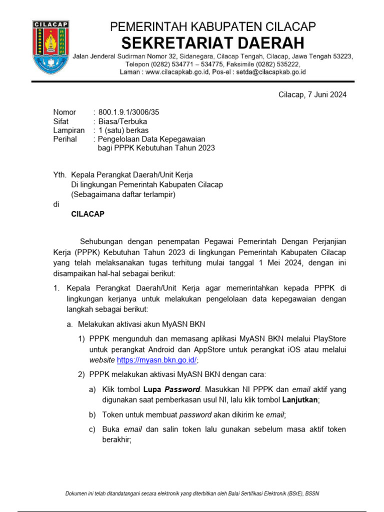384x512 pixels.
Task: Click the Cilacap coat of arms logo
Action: [50, 47]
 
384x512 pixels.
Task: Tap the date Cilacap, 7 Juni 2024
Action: [312, 95]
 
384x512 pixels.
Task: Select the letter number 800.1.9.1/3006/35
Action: [129, 112]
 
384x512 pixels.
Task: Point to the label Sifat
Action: [61, 121]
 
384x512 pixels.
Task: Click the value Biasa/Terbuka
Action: [122, 121]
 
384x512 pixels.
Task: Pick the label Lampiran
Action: [68, 130]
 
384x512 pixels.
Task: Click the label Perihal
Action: [65, 139]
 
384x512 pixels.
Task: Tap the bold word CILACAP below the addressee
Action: [88, 213]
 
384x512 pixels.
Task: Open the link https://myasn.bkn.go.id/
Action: [156, 360]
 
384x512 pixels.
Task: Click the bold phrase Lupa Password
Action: [172, 389]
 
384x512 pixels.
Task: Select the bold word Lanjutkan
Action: [300, 400]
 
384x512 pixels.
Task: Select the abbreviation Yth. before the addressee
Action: [60, 175]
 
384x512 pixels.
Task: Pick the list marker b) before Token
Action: [92, 414]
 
